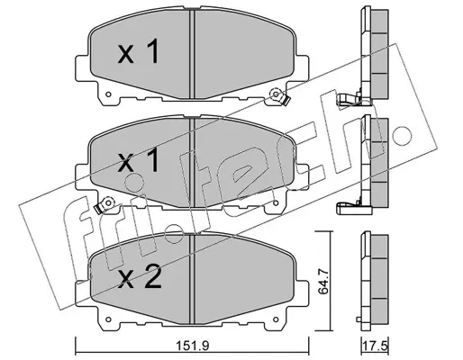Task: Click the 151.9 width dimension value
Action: tap(192, 346)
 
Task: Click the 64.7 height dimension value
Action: tap(323, 282)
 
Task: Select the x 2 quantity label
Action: tap(140, 278)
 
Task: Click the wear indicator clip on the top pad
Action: tap(279, 97)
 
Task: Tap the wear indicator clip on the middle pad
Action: tap(104, 205)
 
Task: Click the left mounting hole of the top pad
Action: tap(109, 94)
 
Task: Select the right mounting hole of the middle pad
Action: tap(276, 203)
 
